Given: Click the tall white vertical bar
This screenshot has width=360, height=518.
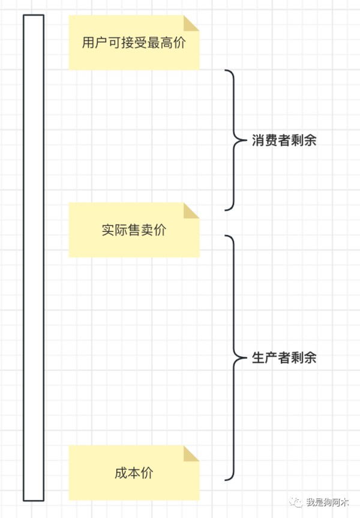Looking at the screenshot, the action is click(x=34, y=258).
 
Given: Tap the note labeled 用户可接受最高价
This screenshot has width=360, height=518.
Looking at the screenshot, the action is click(x=134, y=43).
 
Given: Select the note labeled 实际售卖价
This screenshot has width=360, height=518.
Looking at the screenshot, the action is click(x=134, y=230).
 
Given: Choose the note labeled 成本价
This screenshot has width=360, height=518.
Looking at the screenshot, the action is click(x=134, y=473).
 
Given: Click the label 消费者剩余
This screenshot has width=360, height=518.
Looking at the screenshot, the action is click(x=284, y=140).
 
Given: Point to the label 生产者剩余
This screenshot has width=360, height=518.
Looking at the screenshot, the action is click(x=284, y=357).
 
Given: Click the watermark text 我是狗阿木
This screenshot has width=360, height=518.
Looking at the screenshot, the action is click(x=327, y=502).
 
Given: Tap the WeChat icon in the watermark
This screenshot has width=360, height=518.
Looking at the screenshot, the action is click(x=296, y=502).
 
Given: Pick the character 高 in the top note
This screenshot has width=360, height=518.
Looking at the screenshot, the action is click(x=166, y=43).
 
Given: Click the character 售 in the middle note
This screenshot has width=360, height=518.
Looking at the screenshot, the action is click(x=134, y=230).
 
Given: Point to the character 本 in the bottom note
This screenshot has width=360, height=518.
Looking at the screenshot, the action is click(x=134, y=473).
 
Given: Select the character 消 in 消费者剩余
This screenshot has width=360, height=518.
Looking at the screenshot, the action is click(x=258, y=140).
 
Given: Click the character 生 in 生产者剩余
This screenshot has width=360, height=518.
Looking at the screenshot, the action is click(x=258, y=357).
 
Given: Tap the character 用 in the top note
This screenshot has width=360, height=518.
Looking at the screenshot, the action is click(x=89, y=43).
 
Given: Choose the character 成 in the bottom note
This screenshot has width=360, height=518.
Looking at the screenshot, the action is click(x=121, y=473).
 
